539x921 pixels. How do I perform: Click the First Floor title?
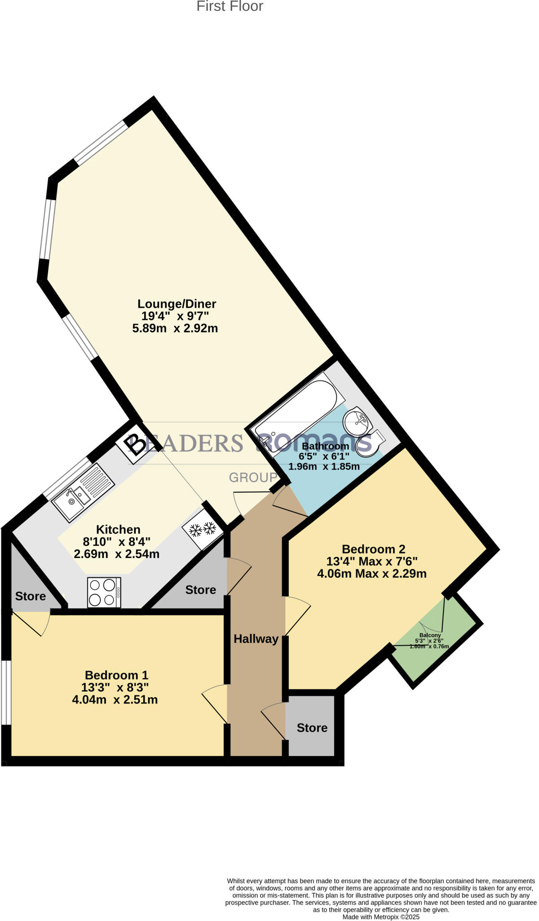point(230,6)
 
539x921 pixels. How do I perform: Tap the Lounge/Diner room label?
point(177,304)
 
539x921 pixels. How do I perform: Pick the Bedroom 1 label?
point(116,675)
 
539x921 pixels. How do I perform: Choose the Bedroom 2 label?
point(373,549)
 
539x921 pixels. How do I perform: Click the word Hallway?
point(256,639)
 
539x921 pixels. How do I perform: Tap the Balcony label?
point(430,635)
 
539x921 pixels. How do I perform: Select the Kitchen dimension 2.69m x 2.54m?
point(116,554)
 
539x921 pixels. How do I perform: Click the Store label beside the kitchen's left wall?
point(31,596)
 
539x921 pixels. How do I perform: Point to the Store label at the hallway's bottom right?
point(312,727)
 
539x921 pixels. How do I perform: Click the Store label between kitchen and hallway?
point(200,590)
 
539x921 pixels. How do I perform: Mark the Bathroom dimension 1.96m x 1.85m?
point(324,466)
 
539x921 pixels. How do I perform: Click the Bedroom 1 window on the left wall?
point(6,692)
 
